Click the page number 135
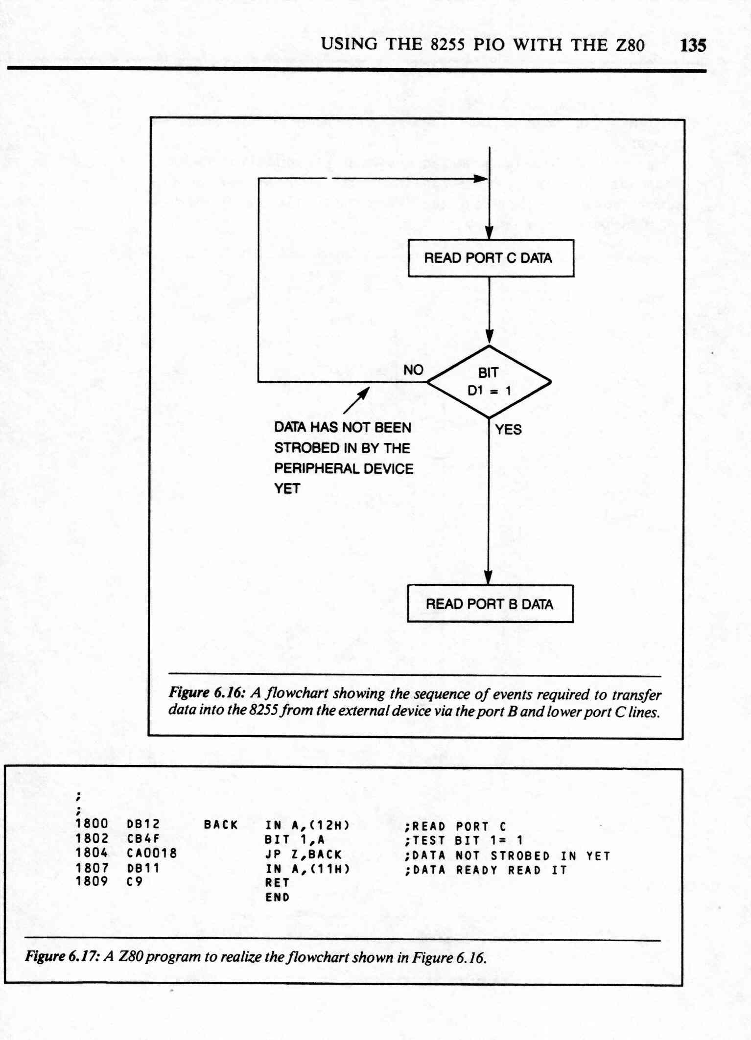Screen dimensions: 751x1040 693,46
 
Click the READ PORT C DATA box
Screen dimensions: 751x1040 491,258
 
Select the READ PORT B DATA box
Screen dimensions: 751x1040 490,603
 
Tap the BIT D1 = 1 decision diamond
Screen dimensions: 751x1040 489,382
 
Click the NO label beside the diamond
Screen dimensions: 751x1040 413,370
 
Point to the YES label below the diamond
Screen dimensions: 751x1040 508,430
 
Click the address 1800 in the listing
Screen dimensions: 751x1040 92,824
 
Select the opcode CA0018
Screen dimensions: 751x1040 152,853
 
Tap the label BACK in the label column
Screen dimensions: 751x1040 221,825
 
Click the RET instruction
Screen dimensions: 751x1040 278,882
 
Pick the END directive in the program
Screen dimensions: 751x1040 278,897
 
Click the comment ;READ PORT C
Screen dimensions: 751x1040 455,826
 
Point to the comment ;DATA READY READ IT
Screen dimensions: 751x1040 486,870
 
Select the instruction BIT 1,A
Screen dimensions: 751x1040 295,839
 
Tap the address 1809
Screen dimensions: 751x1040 92,881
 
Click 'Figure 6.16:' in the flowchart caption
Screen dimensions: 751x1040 207,693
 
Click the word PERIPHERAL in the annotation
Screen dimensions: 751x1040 311,468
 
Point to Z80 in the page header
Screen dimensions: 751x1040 630,45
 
